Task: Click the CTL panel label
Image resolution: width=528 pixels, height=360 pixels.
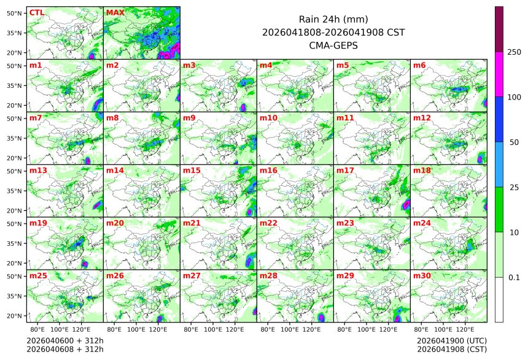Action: click(36, 12)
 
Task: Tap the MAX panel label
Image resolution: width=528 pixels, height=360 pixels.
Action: click(115, 12)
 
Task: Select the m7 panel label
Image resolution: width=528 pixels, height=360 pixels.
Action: click(36, 117)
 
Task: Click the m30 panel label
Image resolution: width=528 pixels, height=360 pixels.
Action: click(422, 276)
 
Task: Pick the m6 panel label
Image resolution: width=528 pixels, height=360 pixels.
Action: click(419, 65)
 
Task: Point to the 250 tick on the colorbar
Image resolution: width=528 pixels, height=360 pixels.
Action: click(514, 52)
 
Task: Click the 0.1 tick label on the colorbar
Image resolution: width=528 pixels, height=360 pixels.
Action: click(514, 277)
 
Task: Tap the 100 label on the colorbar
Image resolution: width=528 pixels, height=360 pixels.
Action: click(514, 97)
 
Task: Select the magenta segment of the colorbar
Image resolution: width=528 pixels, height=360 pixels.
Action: click(499, 74)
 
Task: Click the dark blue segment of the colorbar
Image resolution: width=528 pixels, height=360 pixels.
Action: click(499, 119)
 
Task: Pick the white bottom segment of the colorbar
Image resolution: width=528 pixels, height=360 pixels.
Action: click(499, 299)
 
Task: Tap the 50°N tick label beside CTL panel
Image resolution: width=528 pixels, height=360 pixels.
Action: click(14, 13)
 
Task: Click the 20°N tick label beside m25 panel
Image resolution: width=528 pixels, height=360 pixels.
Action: click(14, 316)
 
